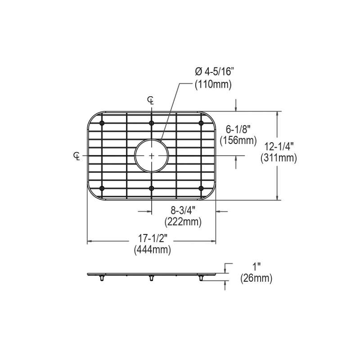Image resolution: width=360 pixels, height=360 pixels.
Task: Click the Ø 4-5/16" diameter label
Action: pos(214,72)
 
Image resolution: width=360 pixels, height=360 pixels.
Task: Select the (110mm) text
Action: pos(213,85)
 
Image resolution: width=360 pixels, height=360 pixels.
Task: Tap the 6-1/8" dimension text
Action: pos(238,130)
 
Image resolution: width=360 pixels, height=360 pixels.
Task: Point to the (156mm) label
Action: pos(238,140)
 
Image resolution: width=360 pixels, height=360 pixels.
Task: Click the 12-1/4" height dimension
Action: pos(279,147)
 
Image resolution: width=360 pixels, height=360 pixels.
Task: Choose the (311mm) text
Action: pos(279,158)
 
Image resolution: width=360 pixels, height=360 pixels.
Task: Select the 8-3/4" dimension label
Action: pos(183,211)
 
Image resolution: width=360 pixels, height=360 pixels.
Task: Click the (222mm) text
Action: pos(183,222)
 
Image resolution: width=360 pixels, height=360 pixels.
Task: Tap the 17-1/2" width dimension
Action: pos(152,239)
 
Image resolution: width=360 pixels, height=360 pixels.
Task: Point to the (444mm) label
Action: pos(153,250)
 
